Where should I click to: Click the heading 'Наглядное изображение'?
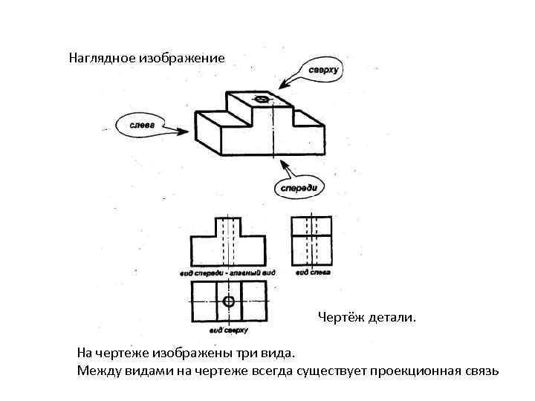(146, 56)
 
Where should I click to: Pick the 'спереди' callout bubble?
(299, 187)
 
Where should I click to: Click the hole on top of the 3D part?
(262, 99)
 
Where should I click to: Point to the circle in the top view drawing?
(228, 301)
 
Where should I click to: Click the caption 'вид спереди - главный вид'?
(227, 273)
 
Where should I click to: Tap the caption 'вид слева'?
(312, 273)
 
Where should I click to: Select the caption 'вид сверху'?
(227, 329)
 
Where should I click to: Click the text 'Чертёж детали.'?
(367, 318)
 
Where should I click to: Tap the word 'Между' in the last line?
(98, 370)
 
